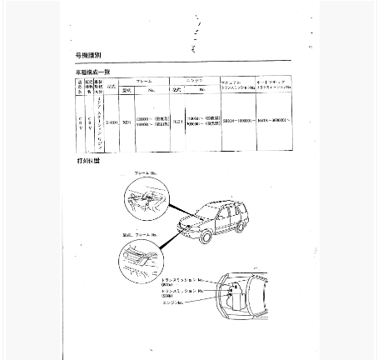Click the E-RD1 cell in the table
pos(111,121)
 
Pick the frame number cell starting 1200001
pos(150,122)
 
